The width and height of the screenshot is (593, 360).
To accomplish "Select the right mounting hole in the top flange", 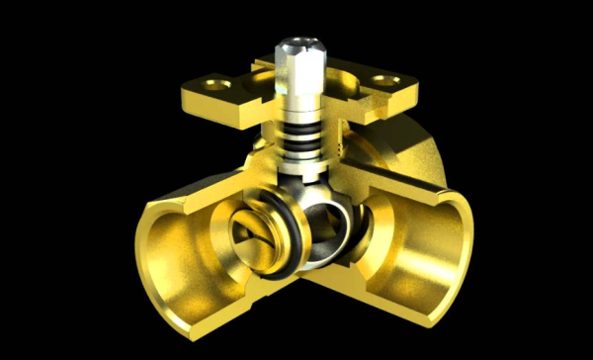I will coord(382,80).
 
